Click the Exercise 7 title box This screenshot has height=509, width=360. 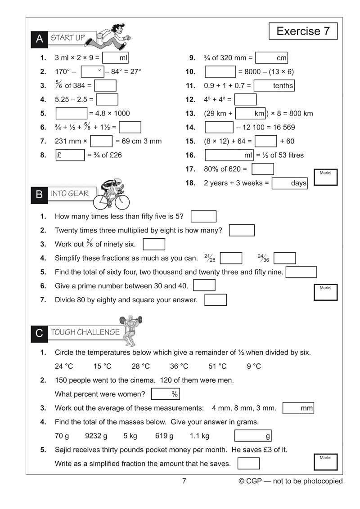(x=303, y=31)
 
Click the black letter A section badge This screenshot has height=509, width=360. (x=39, y=39)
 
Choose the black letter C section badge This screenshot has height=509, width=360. (x=39, y=333)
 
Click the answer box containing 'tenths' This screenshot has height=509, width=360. (x=274, y=85)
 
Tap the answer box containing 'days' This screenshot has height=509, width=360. (x=290, y=183)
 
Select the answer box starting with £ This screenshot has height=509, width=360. (x=70, y=155)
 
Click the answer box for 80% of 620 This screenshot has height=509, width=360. (x=263, y=169)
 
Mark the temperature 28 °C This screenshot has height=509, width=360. (x=140, y=366)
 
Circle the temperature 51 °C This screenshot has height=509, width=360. (x=217, y=366)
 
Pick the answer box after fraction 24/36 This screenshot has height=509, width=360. (x=285, y=258)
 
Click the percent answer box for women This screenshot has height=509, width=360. (x=166, y=394)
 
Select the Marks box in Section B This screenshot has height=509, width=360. (x=325, y=292)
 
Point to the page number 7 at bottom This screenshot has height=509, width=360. (x=184, y=481)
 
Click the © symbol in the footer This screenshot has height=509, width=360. (x=242, y=481)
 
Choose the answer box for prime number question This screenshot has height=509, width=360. (x=204, y=286)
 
